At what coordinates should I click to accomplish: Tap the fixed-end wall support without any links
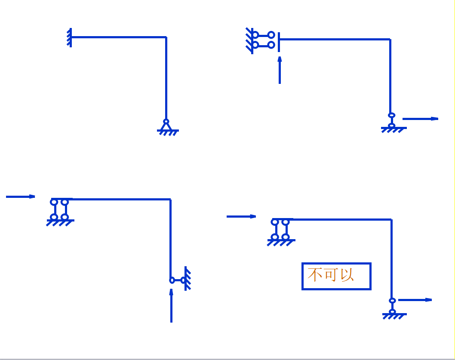coord(70,37)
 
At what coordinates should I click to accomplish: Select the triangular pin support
coord(166,126)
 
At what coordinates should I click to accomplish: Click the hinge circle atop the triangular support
coord(166,121)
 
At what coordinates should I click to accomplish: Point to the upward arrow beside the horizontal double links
coord(280,70)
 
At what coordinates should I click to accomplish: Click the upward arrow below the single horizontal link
coord(171,305)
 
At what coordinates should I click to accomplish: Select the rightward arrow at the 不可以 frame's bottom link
coord(415,300)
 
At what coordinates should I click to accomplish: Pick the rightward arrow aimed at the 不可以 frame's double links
coord(241,216)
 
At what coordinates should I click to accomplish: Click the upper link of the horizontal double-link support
coord(263,34)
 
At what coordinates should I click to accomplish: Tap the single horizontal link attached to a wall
coord(177,280)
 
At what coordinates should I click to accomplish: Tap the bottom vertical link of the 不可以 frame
coord(392,306)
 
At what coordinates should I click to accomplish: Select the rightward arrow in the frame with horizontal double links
coord(420,119)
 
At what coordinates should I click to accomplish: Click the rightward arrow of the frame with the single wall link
coord(20,197)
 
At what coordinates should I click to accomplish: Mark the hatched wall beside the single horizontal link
coord(187,279)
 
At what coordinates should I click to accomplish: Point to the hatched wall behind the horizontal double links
coord(249,40)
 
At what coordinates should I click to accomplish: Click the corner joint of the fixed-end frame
coord(166,38)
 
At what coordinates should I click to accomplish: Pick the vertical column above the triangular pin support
coord(166,77)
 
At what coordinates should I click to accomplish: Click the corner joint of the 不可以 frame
coord(391,220)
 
